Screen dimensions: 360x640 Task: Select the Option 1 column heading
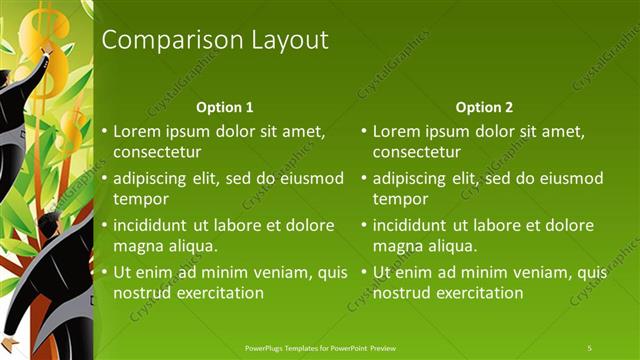(x=225, y=107)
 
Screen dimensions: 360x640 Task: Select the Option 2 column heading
(x=485, y=107)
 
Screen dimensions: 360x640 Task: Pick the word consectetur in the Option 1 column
(x=157, y=152)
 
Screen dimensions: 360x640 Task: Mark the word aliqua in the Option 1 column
(x=191, y=246)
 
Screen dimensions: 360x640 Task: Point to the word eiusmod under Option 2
(x=569, y=178)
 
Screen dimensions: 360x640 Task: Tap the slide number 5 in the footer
(x=590, y=347)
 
